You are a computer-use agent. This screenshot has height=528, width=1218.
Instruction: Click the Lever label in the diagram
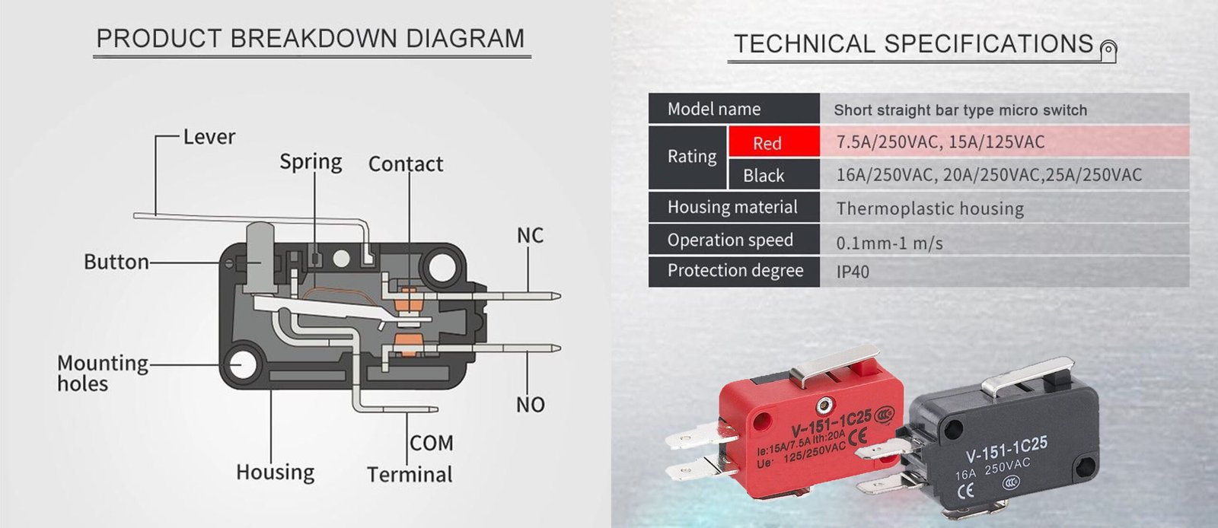coord(209,137)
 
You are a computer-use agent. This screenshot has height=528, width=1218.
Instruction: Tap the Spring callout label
coord(311,162)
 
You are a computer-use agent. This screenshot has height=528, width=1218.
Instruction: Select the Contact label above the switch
coord(405,164)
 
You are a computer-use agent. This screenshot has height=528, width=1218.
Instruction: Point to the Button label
coord(116,262)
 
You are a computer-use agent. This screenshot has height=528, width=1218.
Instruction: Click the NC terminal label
coord(530,236)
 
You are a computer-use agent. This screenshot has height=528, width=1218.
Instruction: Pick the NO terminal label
coord(530,405)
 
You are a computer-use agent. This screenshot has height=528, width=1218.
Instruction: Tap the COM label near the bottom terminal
coord(431,443)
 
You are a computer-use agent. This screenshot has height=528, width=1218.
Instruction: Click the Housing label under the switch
coord(275,472)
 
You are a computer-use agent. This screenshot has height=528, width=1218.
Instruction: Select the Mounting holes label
coord(102,373)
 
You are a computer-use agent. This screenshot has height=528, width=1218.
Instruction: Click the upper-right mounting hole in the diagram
coord(441,268)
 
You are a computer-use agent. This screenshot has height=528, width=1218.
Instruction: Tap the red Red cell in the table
coord(767,143)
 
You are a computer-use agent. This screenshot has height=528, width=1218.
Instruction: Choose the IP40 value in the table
coord(853,272)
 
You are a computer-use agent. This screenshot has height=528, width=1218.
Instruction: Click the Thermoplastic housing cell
coord(929,208)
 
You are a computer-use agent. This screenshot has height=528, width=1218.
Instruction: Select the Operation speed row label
coord(730,240)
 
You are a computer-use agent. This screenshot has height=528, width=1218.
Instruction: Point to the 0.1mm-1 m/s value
coord(889,243)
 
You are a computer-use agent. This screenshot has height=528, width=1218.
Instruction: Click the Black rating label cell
coord(764,176)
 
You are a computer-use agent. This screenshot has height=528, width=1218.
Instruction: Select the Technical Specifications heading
coord(913,44)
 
